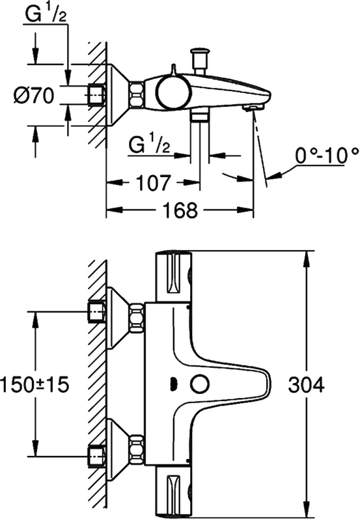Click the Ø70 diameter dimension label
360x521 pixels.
pos(33,96)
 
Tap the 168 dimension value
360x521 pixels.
pos(179,210)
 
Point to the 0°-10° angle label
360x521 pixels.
pos(327,155)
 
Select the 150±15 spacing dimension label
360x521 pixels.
pos(35,384)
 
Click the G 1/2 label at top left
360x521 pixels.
pos(48,14)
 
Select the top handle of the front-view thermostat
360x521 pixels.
pos(172,277)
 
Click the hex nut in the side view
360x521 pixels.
pos(137,95)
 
